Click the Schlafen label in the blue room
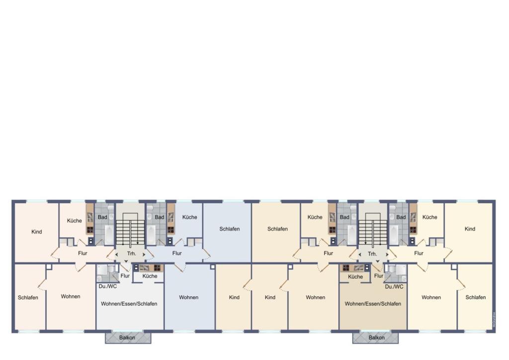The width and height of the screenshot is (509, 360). pos(230,229)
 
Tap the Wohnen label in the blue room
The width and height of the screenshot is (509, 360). pos(189,297)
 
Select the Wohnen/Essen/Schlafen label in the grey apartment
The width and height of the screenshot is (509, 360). pos(129,304)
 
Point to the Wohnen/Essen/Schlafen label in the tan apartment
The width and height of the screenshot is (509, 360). pos(373,303)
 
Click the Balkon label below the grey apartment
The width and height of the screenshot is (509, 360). pos(127,338)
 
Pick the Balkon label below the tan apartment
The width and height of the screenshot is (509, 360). pos(377,338)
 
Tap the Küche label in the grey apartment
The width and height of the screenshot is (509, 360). pos(150,276)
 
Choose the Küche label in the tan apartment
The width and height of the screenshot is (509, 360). pos(355,276)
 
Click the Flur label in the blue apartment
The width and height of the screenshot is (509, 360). pos(177,253)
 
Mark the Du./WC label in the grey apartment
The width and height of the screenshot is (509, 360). pos(108,286)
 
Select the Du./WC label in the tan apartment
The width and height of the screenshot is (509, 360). pos(394,286)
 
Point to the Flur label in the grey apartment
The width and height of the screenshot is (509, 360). pos(125,276)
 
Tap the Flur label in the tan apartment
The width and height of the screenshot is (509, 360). pos(379,276)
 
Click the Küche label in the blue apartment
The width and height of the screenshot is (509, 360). pos(189,217)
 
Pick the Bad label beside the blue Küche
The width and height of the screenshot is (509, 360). pos(159,217)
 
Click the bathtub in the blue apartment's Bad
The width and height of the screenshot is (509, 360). pos(151,234)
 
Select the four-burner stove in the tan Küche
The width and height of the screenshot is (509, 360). pos(345,268)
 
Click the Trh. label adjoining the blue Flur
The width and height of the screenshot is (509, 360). pos(131,254)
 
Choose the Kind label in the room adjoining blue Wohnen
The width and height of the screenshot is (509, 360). pos(234,297)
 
